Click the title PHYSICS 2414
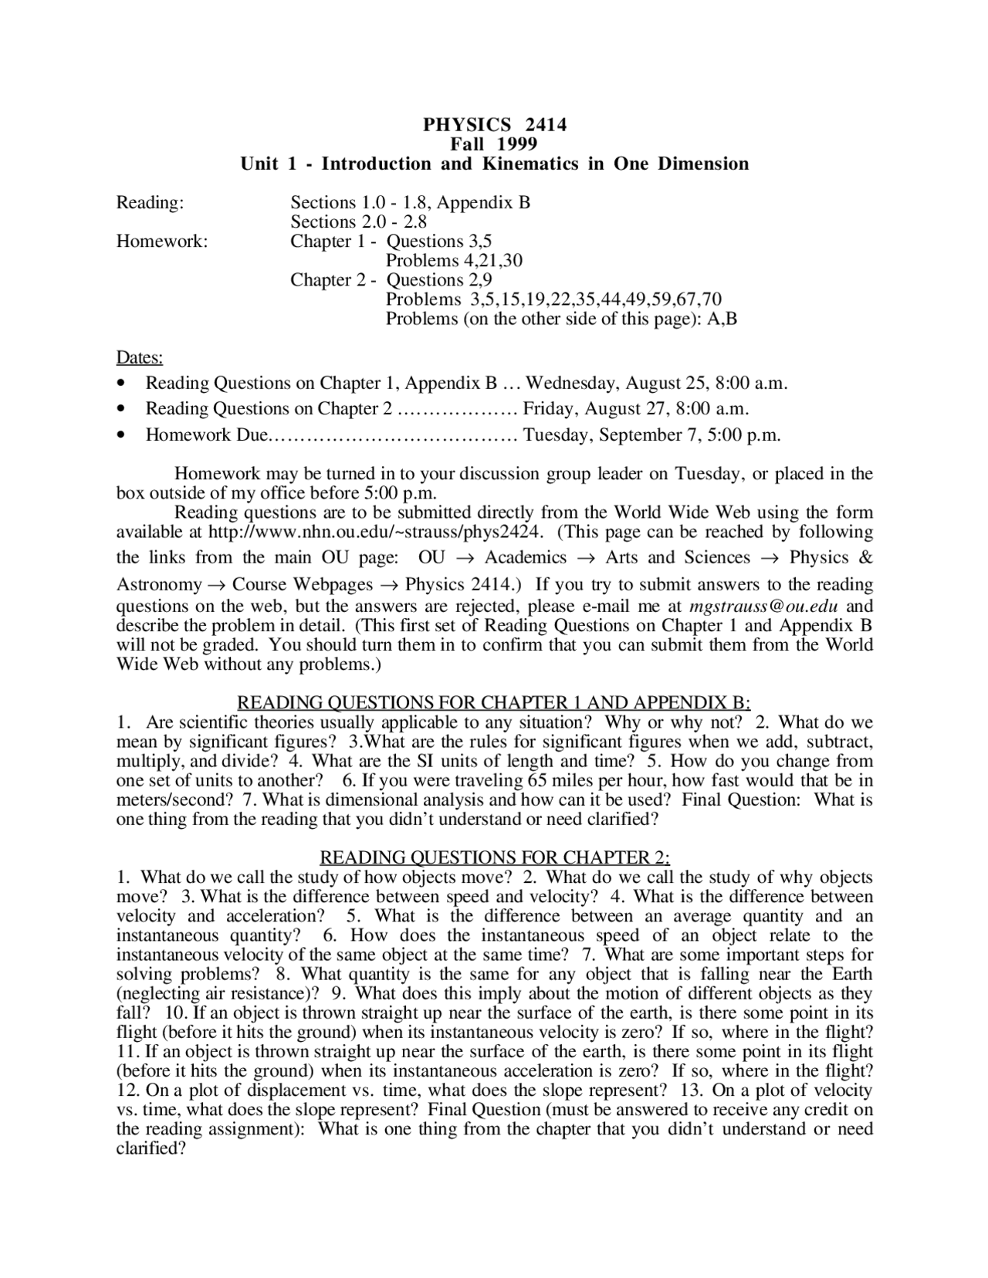pos(494,124)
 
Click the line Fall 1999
pos(494,144)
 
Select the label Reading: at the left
pos(150,203)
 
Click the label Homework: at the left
pos(162,242)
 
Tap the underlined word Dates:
pos(140,358)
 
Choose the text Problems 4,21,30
pos(454,261)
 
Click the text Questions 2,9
pos(438,280)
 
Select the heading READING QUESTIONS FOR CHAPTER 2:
pos(494,858)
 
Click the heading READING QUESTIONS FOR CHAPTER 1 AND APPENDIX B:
pos(494,703)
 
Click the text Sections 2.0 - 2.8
pos(358,222)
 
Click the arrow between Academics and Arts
pos(586,559)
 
